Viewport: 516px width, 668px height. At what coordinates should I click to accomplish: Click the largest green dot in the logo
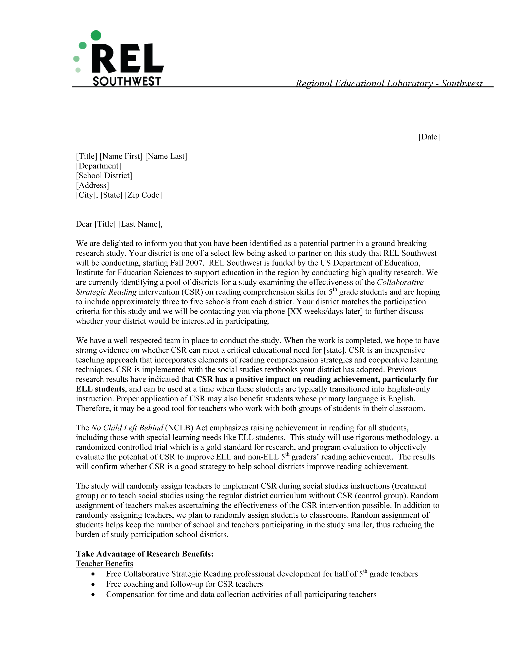click(x=96, y=35)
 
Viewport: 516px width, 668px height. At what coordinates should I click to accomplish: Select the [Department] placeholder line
click(x=98, y=166)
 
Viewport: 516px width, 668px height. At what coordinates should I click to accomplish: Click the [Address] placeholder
click(x=92, y=185)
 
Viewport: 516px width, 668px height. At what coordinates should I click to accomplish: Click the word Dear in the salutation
click(x=84, y=224)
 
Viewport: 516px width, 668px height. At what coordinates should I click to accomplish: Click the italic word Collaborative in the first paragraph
click(x=400, y=282)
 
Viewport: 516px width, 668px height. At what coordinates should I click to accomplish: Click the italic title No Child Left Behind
click(x=127, y=428)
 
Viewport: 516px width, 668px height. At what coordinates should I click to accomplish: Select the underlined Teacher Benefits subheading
click(x=105, y=564)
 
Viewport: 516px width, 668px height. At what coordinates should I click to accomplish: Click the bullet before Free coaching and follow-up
click(x=93, y=585)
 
